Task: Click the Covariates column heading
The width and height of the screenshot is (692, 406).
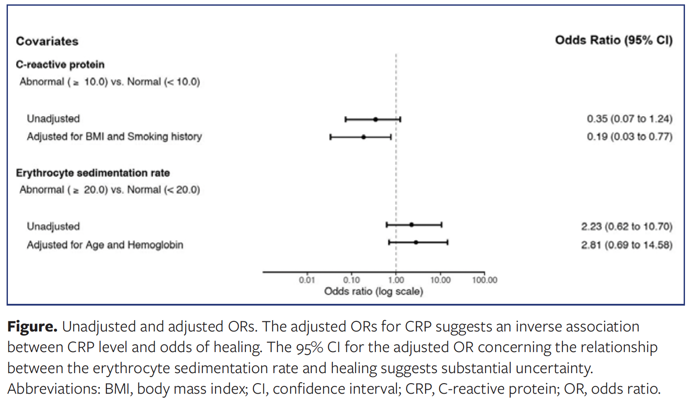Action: [x=47, y=41]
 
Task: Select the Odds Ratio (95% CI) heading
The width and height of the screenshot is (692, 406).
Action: [x=613, y=40]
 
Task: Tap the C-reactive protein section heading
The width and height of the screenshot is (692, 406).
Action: [x=60, y=64]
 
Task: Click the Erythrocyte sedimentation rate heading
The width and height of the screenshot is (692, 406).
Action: [x=93, y=173]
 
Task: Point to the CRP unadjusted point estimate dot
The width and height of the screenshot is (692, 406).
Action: [x=375, y=119]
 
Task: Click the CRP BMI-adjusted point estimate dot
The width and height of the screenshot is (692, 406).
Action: [x=364, y=137]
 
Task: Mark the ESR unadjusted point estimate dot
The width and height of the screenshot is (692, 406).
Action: [x=411, y=225]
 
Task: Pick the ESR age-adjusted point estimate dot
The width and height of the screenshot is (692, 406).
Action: [x=416, y=242]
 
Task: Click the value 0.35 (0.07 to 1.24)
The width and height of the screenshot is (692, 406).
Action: [x=630, y=119]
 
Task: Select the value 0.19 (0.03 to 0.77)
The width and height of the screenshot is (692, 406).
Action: [x=630, y=136]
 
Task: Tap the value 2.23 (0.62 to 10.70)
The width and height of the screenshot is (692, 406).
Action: [x=627, y=226]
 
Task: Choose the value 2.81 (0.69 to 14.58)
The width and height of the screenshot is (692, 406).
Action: [x=627, y=245]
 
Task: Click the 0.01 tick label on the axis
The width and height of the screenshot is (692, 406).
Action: [x=307, y=280]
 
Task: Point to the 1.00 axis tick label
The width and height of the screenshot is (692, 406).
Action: [x=396, y=280]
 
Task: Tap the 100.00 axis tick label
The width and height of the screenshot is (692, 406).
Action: [x=485, y=280]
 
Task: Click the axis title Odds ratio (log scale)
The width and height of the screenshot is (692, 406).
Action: [x=374, y=292]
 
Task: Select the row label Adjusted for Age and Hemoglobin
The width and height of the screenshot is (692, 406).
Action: [x=105, y=245]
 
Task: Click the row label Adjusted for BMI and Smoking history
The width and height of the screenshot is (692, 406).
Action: [x=114, y=136]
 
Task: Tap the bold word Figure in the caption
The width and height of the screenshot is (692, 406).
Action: [x=32, y=327]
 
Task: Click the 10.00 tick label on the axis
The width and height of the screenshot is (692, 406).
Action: [x=440, y=280]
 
